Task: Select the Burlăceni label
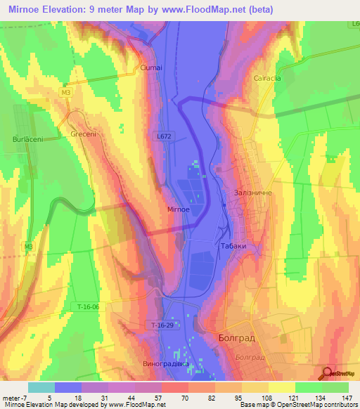[27, 140]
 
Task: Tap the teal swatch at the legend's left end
[41, 387]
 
